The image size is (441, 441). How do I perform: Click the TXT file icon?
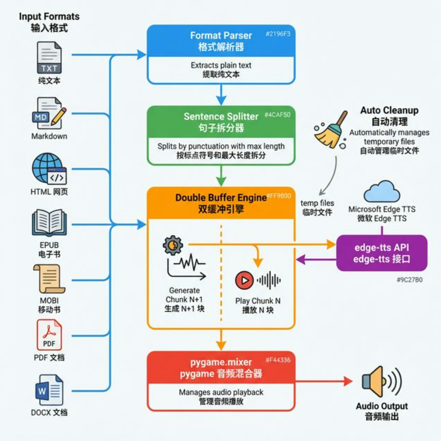pyautogui.click(x=49, y=58)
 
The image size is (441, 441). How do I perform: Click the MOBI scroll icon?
pyautogui.click(x=49, y=279)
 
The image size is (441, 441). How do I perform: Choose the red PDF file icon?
pyautogui.click(x=49, y=335)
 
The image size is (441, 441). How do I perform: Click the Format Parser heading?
pyautogui.click(x=221, y=36)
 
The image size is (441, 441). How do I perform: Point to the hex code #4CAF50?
pyautogui.click(x=277, y=115)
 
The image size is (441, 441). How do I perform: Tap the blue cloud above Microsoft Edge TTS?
pyautogui.click(x=381, y=192)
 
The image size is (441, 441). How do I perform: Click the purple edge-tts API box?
pyautogui.click(x=382, y=253)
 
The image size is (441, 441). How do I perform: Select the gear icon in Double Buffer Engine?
pyautogui.click(x=173, y=245)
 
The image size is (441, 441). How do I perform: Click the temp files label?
pyautogui.click(x=317, y=203)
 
